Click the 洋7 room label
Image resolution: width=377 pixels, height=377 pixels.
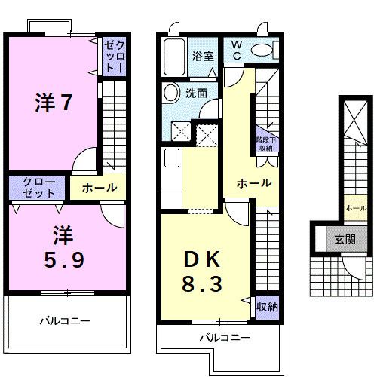click(x=54, y=103)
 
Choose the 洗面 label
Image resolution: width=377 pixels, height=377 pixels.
click(x=198, y=93)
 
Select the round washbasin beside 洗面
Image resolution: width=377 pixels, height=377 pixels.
click(x=171, y=93)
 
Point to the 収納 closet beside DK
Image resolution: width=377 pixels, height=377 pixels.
click(x=266, y=306)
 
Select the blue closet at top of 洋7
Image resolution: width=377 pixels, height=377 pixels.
click(x=113, y=57)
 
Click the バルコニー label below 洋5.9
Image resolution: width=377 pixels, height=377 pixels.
click(x=65, y=321)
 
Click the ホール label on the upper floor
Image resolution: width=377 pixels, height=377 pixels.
click(x=99, y=188)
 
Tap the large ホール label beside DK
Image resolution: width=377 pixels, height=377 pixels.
click(x=253, y=183)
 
